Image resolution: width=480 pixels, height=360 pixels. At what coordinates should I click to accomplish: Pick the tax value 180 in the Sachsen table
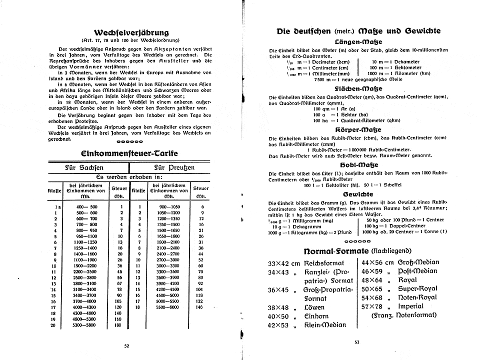[118, 325]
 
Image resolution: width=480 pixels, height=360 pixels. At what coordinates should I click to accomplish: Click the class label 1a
[58, 206]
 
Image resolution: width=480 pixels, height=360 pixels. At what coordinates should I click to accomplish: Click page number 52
[126, 345]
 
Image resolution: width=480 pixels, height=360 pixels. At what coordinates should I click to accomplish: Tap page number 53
[356, 342]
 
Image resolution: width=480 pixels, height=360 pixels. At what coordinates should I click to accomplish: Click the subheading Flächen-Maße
[358, 88]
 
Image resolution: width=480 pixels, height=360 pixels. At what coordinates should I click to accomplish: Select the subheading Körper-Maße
[358, 129]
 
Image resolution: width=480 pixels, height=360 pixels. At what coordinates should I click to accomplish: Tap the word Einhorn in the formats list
[317, 316]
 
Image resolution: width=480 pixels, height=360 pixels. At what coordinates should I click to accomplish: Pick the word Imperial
[411, 306]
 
